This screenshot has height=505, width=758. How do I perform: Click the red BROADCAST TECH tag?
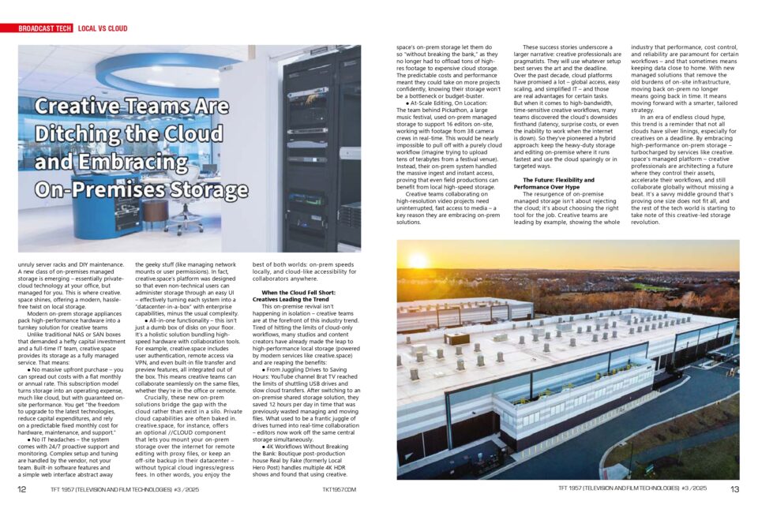[x=45, y=28]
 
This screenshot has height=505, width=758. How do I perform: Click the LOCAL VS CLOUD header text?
[x=103, y=28]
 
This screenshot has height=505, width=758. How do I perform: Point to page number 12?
[x=22, y=489]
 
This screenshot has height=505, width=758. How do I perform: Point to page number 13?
[x=734, y=489]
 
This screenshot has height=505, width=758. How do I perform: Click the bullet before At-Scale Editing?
[x=407, y=103]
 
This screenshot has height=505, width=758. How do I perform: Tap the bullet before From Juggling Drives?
[x=265, y=368]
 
